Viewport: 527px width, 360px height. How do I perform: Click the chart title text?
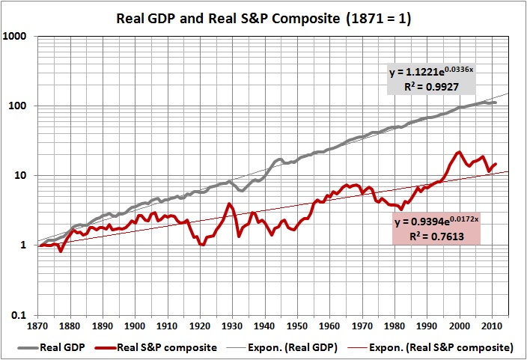coord(263,16)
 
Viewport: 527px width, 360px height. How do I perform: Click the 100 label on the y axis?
coord(24,106)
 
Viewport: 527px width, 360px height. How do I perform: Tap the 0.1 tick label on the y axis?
coord(24,315)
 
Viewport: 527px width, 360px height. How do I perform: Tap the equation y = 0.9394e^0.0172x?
coord(435,223)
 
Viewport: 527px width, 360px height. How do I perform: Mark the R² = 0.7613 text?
coord(435,237)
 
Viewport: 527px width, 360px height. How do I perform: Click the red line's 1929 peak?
coord(229,204)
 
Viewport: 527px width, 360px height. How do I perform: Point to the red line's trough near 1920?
coord(201,244)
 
